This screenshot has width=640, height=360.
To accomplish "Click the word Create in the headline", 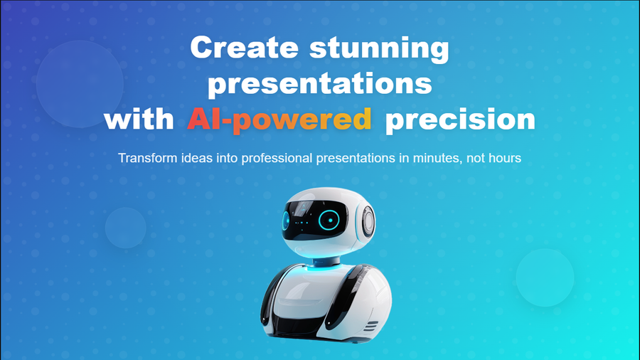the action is pyautogui.click(x=244, y=48).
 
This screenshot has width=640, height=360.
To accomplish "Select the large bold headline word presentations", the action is pyautogui.click(x=320, y=85).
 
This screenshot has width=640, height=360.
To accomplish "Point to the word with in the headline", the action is pyautogui.click(x=139, y=119).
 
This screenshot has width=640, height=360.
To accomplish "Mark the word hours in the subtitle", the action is pyautogui.click(x=503, y=158).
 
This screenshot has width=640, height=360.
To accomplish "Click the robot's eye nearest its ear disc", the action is pyautogui.click(x=329, y=220).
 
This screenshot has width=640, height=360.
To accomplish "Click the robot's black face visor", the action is pyautogui.click(x=314, y=221).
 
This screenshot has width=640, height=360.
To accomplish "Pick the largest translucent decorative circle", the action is pyautogui.click(x=80, y=84).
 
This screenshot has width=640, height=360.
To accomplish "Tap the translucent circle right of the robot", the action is pyautogui.click(x=545, y=277).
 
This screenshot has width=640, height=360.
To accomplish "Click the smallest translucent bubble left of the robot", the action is pyautogui.click(x=126, y=228).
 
